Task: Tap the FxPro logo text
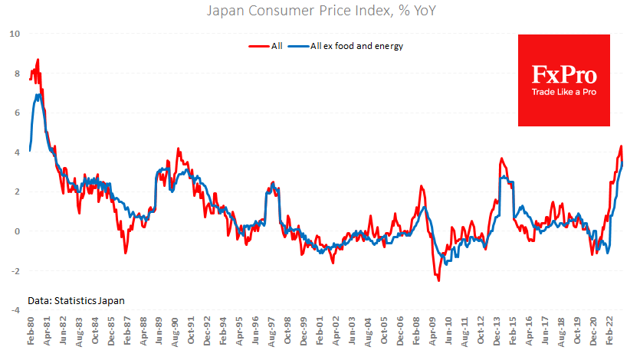(x=564, y=74)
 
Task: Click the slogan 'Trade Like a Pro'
(x=564, y=93)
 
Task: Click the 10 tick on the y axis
(x=14, y=34)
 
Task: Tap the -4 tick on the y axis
(x=14, y=310)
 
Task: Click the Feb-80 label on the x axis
(x=31, y=332)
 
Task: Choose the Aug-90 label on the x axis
(x=176, y=332)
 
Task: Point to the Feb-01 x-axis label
(x=321, y=332)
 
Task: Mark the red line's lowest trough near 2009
(x=438, y=280)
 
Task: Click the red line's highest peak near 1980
(x=38, y=60)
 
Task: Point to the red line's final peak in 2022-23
(x=621, y=146)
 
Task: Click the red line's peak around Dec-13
(x=501, y=159)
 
